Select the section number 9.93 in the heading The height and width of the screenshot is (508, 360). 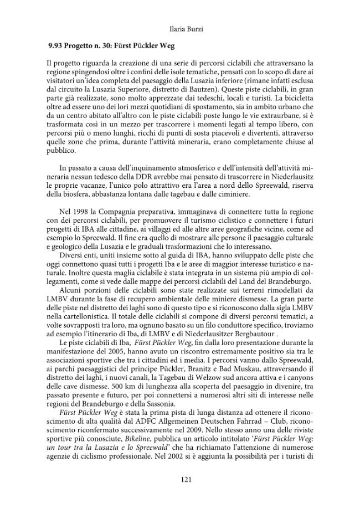click(x=58, y=46)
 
